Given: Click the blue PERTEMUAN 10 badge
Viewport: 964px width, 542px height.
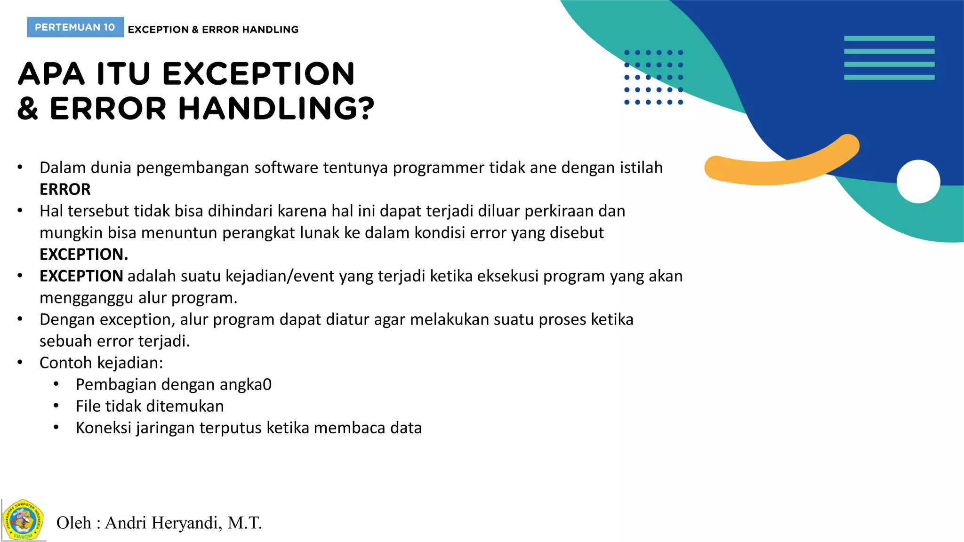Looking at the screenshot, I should tap(75, 27).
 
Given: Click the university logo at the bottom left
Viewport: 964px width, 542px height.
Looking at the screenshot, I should tap(23, 520).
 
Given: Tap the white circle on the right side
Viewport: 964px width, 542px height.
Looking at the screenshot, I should tap(918, 182).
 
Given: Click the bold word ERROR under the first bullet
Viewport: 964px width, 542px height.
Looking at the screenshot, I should tap(65, 189).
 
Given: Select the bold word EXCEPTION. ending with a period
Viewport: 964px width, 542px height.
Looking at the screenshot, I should tap(83, 254).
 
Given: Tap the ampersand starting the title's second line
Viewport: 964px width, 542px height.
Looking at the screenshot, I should tap(28, 109).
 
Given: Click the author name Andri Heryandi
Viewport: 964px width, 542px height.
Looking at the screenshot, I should tap(162, 523).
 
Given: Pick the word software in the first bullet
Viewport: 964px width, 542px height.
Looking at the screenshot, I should tap(286, 167).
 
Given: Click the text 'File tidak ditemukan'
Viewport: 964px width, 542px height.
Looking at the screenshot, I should tap(150, 406).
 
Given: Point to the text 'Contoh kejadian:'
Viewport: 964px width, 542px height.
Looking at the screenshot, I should tap(101, 363).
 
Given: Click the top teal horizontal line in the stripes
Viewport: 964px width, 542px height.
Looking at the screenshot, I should tap(889, 39).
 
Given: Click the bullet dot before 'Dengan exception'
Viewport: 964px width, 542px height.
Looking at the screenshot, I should tap(20, 319).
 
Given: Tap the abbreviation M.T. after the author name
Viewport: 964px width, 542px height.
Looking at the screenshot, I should tap(244, 523).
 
